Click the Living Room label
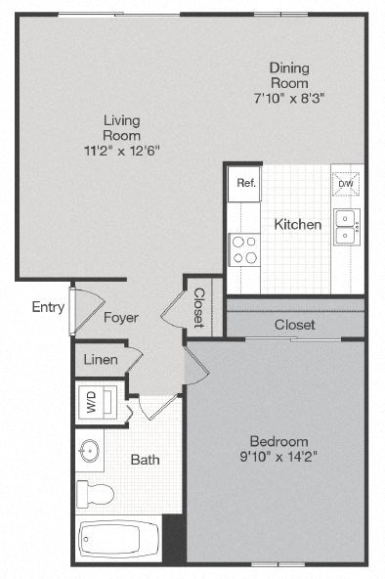tap(122, 127)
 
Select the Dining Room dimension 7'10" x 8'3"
tap(289, 99)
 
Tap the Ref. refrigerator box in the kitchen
tap(243, 183)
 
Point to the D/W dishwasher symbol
tap(345, 183)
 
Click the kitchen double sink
tap(346, 226)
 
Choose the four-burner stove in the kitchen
tap(243, 250)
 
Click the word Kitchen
tap(297, 224)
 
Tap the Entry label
tap(48, 307)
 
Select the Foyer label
tap(120, 318)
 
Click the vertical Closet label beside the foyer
tap(198, 307)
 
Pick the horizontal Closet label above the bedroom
tap(294, 324)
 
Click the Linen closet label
tap(100, 360)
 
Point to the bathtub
tap(117, 539)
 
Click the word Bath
tap(145, 459)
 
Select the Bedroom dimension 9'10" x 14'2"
tap(278, 455)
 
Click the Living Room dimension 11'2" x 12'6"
tap(122, 151)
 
